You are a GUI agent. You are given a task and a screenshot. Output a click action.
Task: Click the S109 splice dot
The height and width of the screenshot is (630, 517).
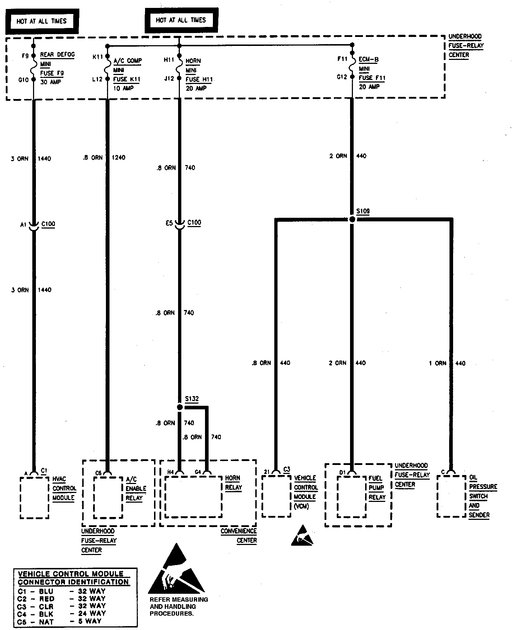tap(352, 219)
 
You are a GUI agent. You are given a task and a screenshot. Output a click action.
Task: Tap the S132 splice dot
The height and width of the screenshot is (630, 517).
tap(180, 407)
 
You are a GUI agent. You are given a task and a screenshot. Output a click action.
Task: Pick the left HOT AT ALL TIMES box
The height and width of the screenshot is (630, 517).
tap(42, 21)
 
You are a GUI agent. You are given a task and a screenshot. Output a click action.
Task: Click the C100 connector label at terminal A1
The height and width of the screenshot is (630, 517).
tap(48, 224)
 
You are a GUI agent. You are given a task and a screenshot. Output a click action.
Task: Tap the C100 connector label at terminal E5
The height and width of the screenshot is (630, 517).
tap(194, 223)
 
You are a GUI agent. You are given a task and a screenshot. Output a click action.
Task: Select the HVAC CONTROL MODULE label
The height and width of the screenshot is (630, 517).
tap(64, 488)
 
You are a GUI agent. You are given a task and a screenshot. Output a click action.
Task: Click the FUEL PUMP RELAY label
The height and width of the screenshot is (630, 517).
tap(377, 488)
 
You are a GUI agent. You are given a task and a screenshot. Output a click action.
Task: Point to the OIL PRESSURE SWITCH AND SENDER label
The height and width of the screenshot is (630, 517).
tap(483, 496)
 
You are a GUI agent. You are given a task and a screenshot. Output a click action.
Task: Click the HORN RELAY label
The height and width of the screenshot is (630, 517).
tap(233, 483)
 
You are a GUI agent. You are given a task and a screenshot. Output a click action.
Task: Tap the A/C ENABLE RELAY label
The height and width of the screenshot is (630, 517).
tap(136, 489)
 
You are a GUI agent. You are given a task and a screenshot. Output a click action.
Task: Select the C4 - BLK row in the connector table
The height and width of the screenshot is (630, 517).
tap(61, 613)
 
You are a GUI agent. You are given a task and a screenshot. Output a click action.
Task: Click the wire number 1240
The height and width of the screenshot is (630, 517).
tap(118, 157)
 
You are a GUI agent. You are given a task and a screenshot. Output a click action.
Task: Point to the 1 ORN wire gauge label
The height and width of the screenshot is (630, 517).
tap(437, 363)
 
